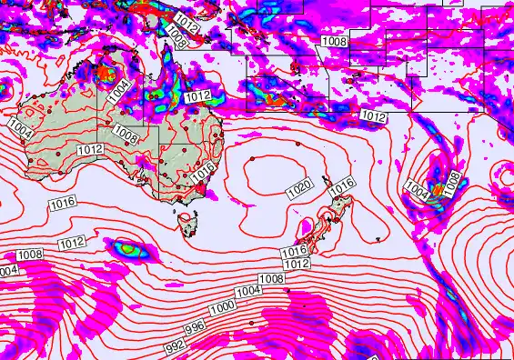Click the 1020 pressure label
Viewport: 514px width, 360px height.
pyautogui.click(x=299, y=190)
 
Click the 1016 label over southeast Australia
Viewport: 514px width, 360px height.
pyautogui.click(x=204, y=169)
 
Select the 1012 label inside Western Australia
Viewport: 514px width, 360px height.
pyautogui.click(x=89, y=149)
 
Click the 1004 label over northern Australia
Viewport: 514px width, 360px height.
pyautogui.click(x=118, y=91)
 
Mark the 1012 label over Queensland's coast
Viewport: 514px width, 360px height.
pyautogui.click(x=198, y=96)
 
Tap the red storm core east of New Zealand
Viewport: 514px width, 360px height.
pyautogui.click(x=438, y=188)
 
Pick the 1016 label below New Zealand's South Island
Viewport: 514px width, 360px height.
pyautogui.click(x=293, y=251)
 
